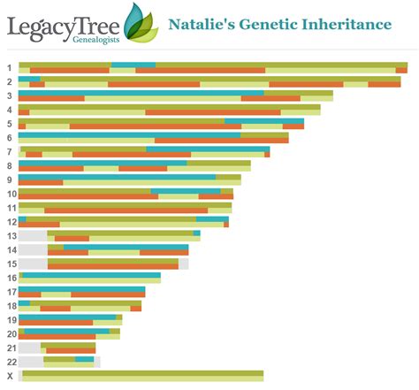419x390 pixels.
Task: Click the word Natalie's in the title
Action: point(202,24)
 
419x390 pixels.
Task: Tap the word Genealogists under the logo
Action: point(96,40)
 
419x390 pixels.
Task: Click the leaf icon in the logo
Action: point(141,23)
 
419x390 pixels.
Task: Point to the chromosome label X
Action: point(11,376)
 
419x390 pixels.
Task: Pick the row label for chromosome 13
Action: point(12,236)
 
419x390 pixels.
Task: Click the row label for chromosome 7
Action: point(10,152)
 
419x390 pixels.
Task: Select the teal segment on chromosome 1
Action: point(133,65)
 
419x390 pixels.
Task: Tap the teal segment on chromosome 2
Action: point(29,79)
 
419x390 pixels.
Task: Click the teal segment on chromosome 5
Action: point(264,121)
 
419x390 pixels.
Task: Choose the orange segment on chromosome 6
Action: point(222,141)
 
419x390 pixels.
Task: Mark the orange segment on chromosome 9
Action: point(41,182)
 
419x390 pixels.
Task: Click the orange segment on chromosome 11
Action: point(126,210)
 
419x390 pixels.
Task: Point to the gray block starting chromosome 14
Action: point(33,249)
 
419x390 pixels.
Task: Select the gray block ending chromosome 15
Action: point(183,264)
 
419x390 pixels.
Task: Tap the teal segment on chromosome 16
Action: point(92,275)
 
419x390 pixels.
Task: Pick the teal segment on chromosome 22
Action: point(84,359)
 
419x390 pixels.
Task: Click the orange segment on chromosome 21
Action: point(71,350)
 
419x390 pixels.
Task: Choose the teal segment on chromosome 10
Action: point(186,191)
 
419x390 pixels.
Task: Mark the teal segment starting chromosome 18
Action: point(24,303)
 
